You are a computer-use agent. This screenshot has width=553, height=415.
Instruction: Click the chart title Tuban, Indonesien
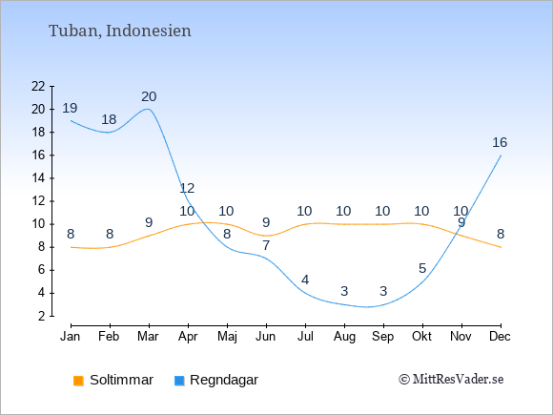[120, 31]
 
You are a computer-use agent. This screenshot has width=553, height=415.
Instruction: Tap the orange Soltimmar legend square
[78, 381]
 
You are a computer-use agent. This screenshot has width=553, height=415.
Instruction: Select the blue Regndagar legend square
[179, 381]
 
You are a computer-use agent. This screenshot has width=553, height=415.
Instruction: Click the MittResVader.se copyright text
[451, 380]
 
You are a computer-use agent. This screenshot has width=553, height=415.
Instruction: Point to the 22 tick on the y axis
[38, 86]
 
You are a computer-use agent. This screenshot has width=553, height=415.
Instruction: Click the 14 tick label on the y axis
[38, 178]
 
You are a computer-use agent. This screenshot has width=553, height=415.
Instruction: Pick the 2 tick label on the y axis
[42, 316]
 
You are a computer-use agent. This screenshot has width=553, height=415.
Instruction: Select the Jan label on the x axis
[71, 337]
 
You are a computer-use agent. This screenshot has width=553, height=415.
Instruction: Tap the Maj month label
[227, 337]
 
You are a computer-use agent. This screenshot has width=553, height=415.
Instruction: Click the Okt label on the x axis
[421, 337]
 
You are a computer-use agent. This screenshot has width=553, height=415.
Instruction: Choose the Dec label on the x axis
[501, 337]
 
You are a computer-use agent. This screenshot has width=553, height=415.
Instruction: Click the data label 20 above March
[149, 96]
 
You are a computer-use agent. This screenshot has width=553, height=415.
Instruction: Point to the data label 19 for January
[70, 108]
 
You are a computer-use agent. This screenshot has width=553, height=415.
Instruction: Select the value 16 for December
[500, 142]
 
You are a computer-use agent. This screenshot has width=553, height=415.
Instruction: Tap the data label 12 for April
[187, 189]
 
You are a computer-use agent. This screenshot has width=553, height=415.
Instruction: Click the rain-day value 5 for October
[422, 269]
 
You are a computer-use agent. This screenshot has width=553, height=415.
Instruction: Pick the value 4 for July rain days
[305, 280]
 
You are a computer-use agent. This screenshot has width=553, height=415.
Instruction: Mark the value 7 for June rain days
[266, 245]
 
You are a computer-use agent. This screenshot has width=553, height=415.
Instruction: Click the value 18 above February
[109, 119]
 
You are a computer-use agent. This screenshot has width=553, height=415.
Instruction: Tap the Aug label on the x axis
[344, 337]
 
